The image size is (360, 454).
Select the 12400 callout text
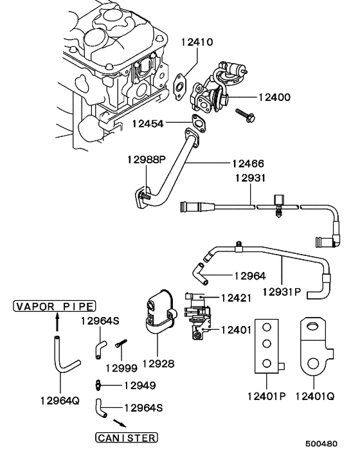pyautogui.click(x=274, y=98)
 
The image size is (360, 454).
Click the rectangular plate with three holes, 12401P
pyautogui.click(x=266, y=345)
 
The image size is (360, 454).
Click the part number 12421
pyautogui.click(x=237, y=298)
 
